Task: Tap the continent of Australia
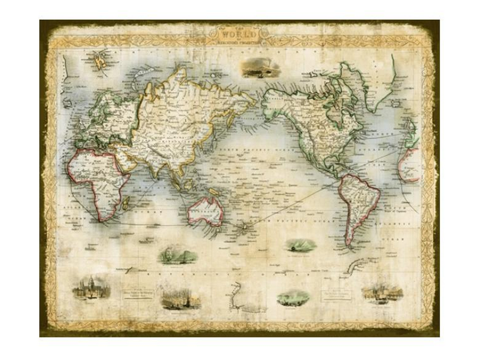point(206,211)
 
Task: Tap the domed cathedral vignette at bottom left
point(91,288)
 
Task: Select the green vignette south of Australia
point(177,254)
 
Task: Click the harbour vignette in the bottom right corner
point(382,292)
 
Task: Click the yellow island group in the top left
point(100,62)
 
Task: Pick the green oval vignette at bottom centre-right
point(293,298)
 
